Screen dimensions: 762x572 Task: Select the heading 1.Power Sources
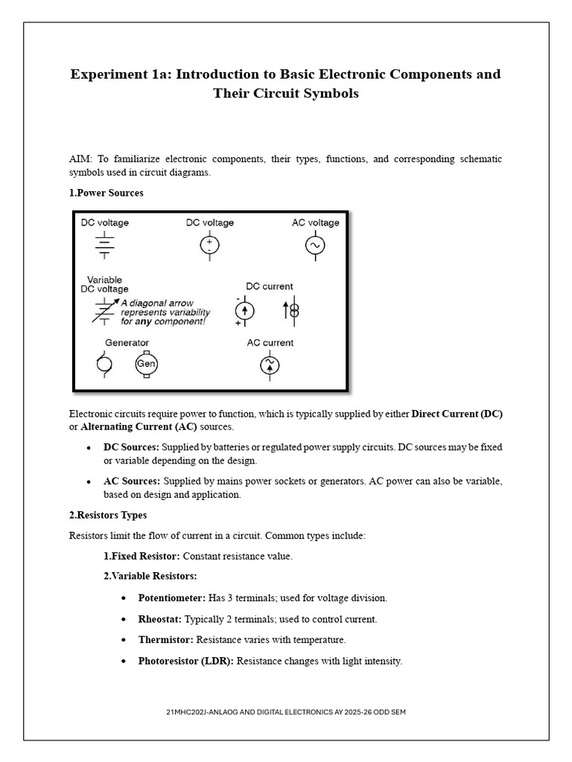tap(106, 193)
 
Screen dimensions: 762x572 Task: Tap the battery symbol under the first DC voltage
tap(104, 245)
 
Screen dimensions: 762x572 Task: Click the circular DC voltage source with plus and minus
tap(209, 246)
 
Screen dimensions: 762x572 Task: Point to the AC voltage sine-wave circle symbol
tap(315, 246)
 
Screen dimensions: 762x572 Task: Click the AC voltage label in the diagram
tap(315, 222)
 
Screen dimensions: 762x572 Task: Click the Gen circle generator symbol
tap(146, 365)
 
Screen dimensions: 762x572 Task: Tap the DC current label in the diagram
tap(269, 286)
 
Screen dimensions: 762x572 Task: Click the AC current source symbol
tap(269, 365)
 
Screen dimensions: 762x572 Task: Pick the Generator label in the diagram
tap(127, 343)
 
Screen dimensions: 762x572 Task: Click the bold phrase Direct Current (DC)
tap(462, 414)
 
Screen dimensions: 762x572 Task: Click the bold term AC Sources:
tap(132, 481)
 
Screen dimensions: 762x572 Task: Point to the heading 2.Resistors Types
tap(108, 515)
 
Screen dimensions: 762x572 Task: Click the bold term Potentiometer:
tap(172, 598)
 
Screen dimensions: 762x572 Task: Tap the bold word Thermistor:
tap(166, 639)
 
